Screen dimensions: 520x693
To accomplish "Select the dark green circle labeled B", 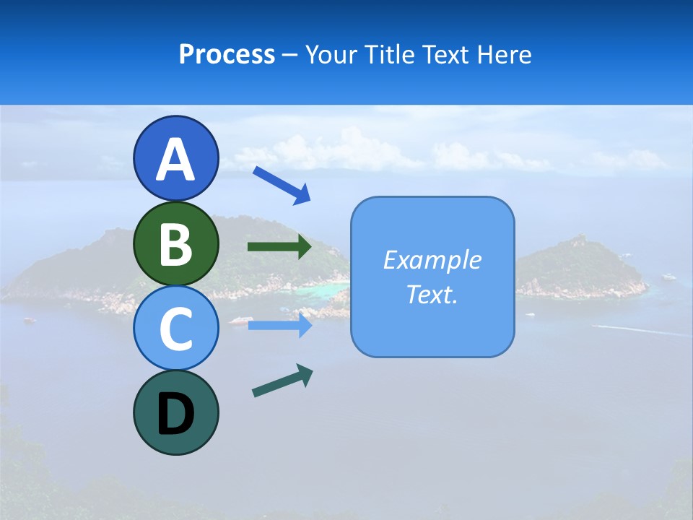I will pyautogui.click(x=175, y=243).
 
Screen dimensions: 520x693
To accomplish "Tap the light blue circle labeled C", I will pyautogui.click(x=175, y=328).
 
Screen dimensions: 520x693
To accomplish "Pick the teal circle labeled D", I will pyautogui.click(x=175, y=412).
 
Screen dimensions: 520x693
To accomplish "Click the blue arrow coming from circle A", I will pyautogui.click(x=282, y=184).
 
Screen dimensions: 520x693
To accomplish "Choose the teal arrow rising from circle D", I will pyautogui.click(x=282, y=381).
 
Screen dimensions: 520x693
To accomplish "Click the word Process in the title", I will pyautogui.click(x=227, y=55).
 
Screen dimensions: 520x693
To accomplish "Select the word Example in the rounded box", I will pyautogui.click(x=432, y=260).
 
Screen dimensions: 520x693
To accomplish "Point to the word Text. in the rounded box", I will pyautogui.click(x=432, y=294).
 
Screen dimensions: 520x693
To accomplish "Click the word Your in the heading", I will pyautogui.click(x=331, y=55).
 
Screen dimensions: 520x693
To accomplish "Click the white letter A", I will pyautogui.click(x=175, y=160).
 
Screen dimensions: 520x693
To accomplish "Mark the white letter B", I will pyautogui.click(x=175, y=244).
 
